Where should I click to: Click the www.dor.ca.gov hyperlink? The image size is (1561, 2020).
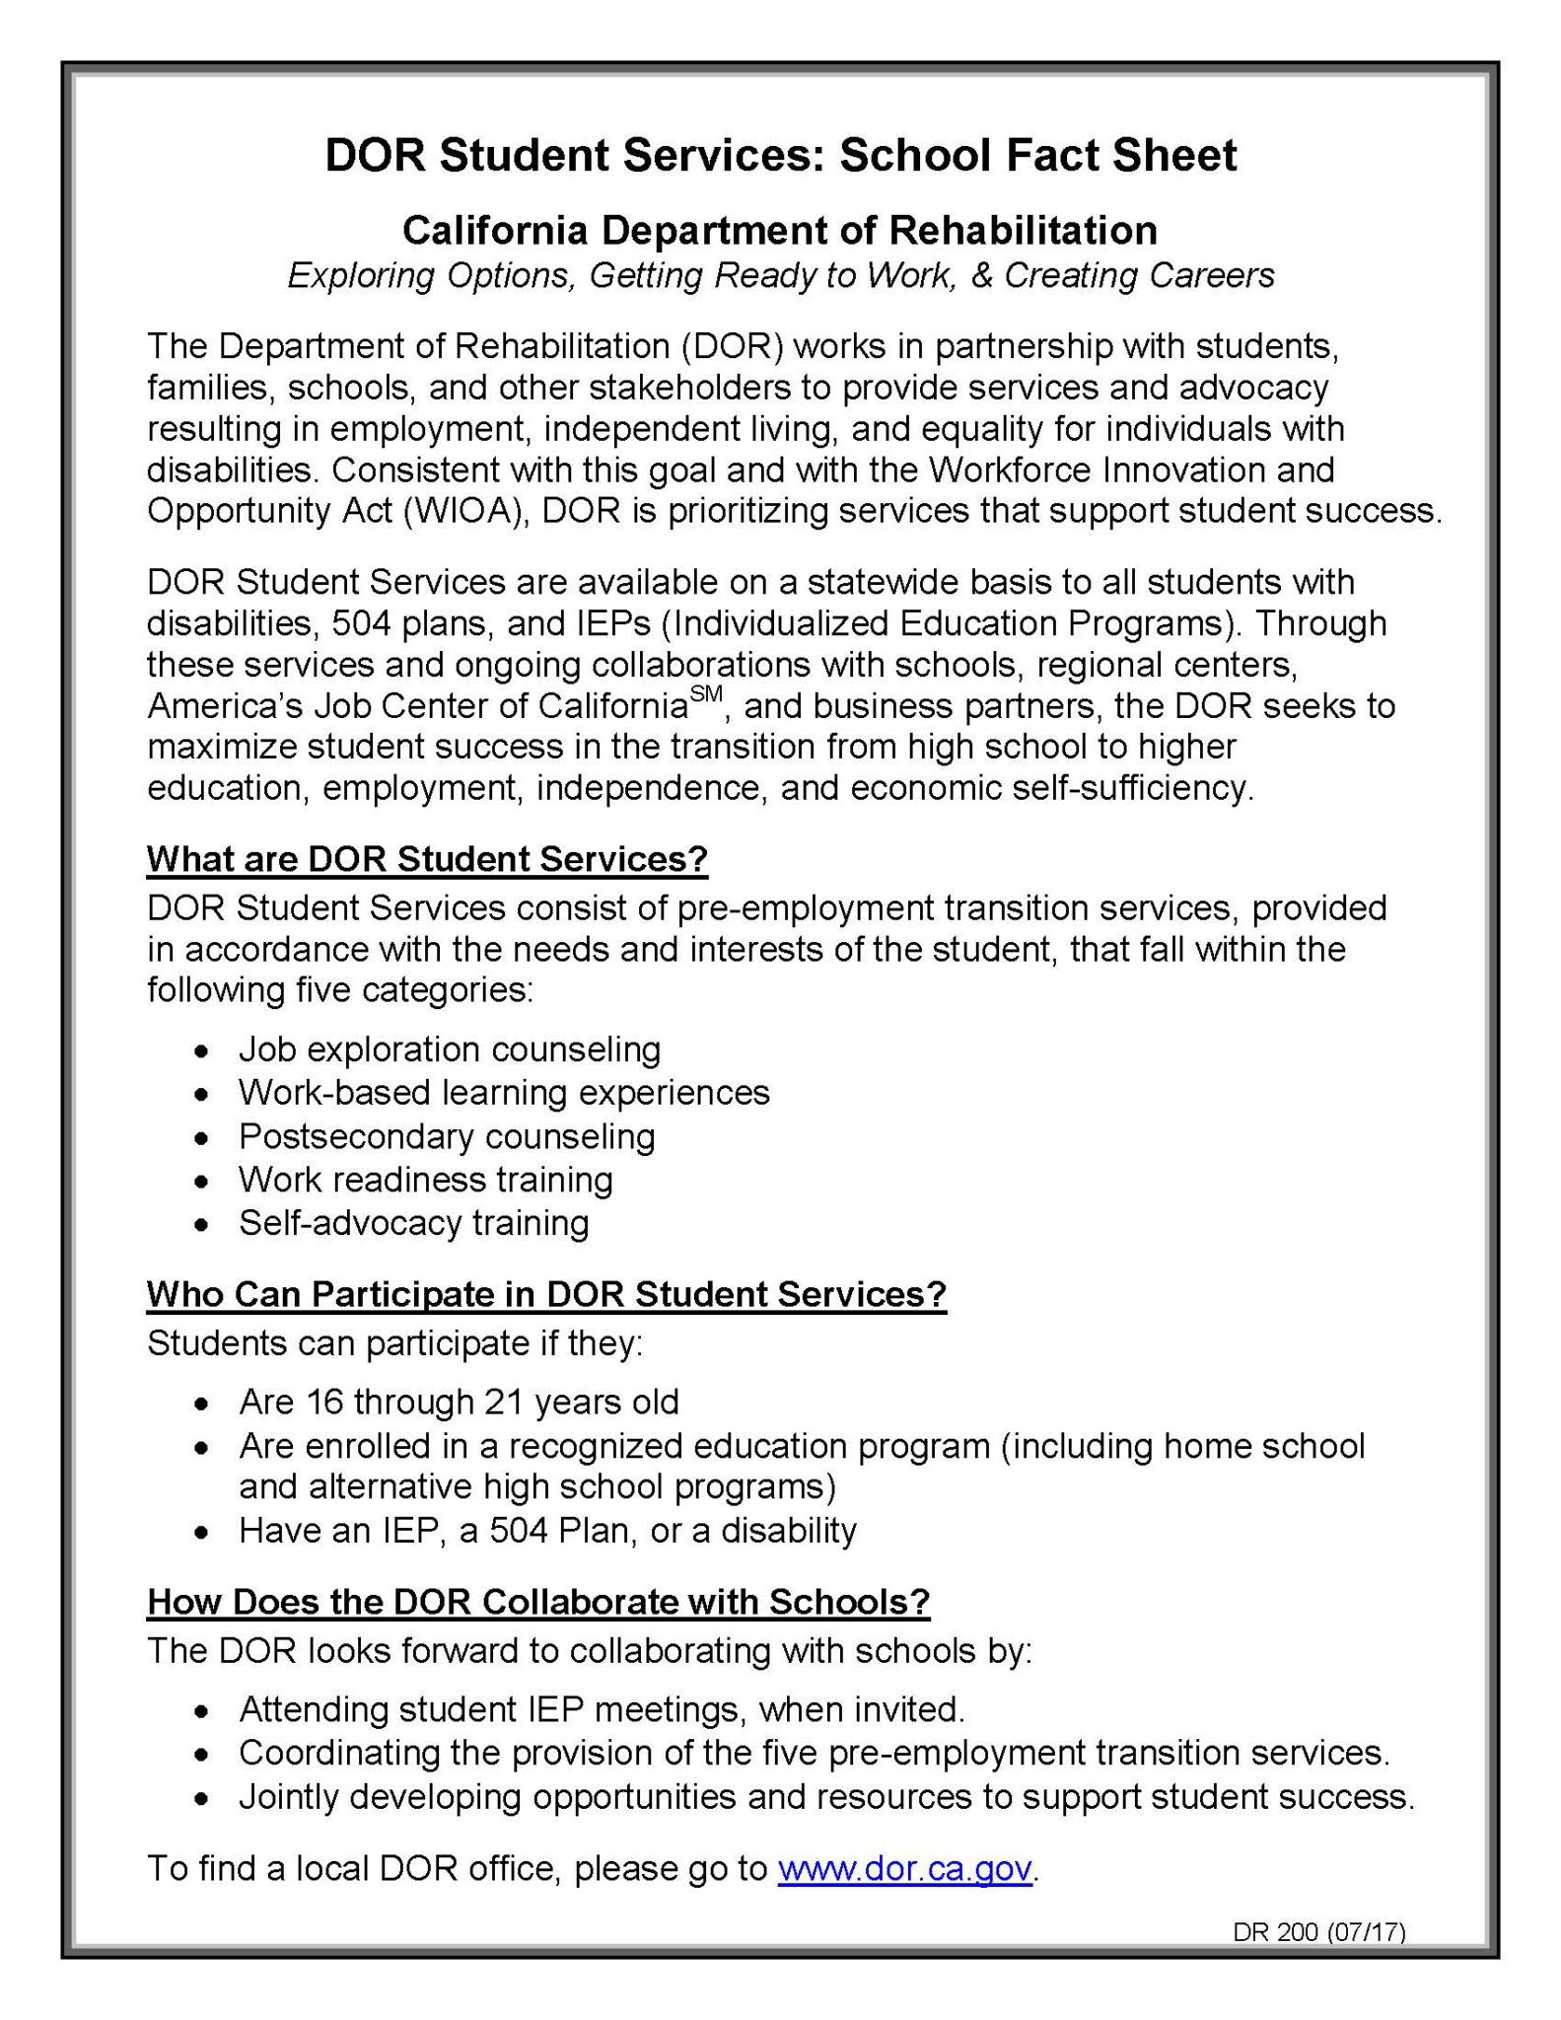[x=904, y=1868]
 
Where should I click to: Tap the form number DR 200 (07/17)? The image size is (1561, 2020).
[x=1318, y=1931]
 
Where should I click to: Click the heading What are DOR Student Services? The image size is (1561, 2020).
[x=427, y=859]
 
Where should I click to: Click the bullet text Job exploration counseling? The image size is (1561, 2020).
[x=450, y=1048]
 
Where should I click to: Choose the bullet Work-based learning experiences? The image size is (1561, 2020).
[x=504, y=1092]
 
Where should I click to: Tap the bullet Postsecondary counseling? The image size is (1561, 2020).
[x=447, y=1136]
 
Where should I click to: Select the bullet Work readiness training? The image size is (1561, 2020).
[x=425, y=1180]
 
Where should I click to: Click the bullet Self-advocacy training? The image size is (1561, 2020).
[x=413, y=1223]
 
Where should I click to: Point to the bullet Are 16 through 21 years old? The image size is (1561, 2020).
[x=459, y=1402]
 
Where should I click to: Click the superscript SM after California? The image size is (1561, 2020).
[x=706, y=694]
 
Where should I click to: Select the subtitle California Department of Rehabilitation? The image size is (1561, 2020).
[x=779, y=231]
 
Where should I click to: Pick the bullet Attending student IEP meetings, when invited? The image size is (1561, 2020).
[x=602, y=1708]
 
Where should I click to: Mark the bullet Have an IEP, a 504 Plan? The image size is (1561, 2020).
[x=547, y=1530]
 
